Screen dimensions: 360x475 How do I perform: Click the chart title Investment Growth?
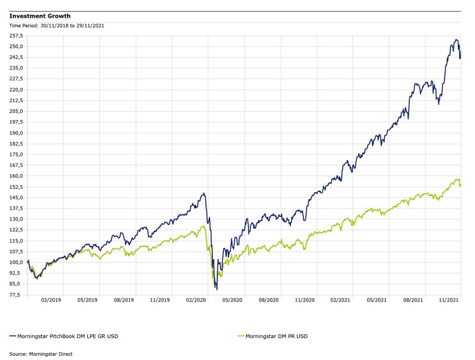(x=40, y=16)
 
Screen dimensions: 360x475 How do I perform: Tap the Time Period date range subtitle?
(x=57, y=26)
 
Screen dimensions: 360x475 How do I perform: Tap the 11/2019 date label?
(x=160, y=300)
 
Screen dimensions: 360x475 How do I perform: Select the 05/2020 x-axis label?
(x=232, y=300)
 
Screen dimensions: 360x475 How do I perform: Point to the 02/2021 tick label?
(x=340, y=300)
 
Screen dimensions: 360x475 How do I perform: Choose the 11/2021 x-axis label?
(x=449, y=300)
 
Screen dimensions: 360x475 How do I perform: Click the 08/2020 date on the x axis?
(x=269, y=300)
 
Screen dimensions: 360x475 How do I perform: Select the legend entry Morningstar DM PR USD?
(x=276, y=336)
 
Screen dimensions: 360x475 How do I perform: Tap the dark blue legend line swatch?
(x=13, y=336)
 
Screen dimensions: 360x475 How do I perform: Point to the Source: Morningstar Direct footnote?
(x=40, y=353)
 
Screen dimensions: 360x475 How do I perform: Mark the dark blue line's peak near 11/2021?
(x=456, y=40)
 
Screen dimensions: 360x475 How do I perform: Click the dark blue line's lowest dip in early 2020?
(x=217, y=289)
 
